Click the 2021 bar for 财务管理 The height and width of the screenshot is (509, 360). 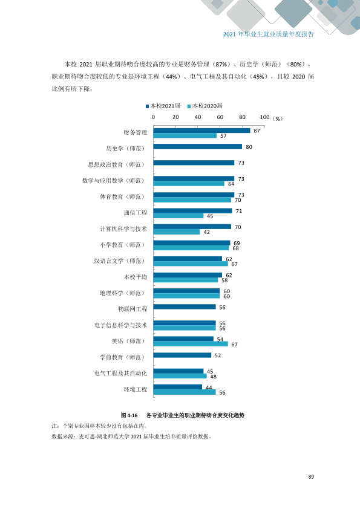click(201, 131)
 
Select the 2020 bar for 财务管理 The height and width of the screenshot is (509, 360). click(185, 135)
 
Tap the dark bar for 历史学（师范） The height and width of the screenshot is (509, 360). click(198, 146)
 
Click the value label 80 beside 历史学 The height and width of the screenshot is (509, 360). click(249, 147)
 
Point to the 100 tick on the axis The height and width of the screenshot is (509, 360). click(265, 117)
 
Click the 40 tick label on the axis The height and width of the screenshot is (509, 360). click(198, 117)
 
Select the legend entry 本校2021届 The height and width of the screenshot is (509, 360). click(163, 106)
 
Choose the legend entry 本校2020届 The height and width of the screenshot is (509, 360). click(205, 106)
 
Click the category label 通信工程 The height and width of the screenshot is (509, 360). click(135, 213)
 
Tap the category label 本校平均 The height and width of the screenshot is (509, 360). click(135, 277)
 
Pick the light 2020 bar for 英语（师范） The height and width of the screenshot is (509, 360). click(191, 344)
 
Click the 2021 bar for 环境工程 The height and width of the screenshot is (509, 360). click(178, 387)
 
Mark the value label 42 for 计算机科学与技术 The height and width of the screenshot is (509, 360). click(207, 232)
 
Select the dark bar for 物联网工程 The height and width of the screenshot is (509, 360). click(185, 306)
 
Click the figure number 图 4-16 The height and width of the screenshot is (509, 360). click(129, 415)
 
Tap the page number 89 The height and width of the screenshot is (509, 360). click(311, 477)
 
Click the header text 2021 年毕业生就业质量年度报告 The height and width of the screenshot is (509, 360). click(269, 34)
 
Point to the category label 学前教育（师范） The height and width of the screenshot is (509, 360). click(122, 357)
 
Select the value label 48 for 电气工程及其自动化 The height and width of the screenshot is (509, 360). click(214, 377)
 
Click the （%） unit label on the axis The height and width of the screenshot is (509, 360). click(277, 119)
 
